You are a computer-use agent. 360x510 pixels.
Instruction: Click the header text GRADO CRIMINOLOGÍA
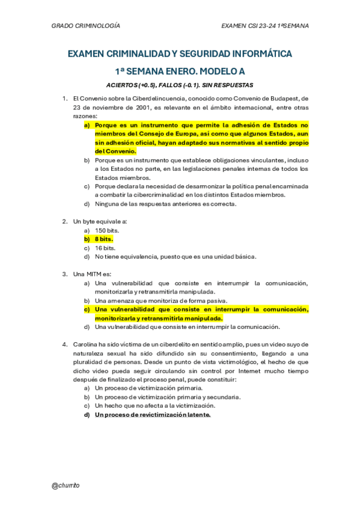click(86, 26)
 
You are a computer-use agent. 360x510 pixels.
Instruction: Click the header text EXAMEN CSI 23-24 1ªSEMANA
click(265, 26)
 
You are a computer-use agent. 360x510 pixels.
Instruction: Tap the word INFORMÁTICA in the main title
click(260, 54)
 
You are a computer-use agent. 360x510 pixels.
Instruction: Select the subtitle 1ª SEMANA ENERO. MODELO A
click(180, 70)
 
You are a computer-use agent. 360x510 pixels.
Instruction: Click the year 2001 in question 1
click(142, 108)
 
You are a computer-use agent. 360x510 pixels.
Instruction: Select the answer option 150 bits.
click(107, 230)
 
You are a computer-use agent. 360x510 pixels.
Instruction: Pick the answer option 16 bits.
click(105, 248)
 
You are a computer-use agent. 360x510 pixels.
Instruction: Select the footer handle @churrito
click(66, 485)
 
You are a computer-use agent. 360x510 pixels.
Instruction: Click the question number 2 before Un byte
click(65, 221)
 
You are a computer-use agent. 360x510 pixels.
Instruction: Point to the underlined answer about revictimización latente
click(153, 415)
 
